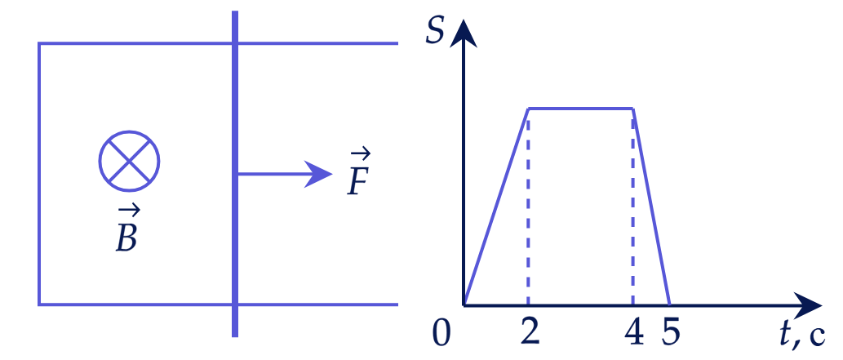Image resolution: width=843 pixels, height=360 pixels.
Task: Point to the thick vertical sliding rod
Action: [x=235, y=174]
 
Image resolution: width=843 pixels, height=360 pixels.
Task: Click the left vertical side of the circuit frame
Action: [x=39, y=174]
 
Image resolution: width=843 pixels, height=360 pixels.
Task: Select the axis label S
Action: [x=434, y=32]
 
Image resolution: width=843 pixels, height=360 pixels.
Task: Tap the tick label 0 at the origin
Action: [x=441, y=334]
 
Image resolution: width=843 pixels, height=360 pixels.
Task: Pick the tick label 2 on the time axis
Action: [x=530, y=334]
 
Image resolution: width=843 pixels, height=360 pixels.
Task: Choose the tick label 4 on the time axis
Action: [x=634, y=334]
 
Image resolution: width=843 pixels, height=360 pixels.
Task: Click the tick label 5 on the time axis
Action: [x=671, y=334]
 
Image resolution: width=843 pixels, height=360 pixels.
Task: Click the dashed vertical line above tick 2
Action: [x=529, y=207]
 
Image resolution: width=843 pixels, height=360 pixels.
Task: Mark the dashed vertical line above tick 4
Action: [x=632, y=207]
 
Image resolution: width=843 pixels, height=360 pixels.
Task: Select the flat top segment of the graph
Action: [x=581, y=109]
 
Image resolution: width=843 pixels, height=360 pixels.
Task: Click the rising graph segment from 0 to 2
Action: [x=496, y=207]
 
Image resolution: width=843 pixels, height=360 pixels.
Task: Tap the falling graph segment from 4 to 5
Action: [x=651, y=207]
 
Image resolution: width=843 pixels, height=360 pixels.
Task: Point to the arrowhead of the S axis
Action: [x=463, y=33]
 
